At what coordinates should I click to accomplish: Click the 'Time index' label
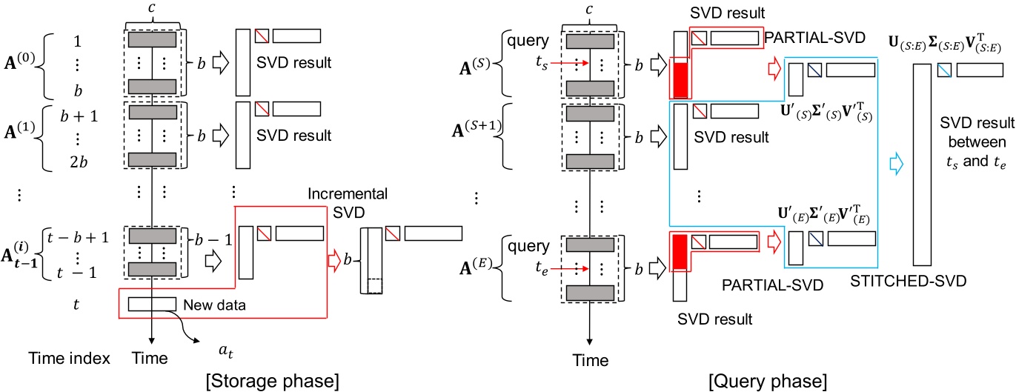(73, 359)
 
